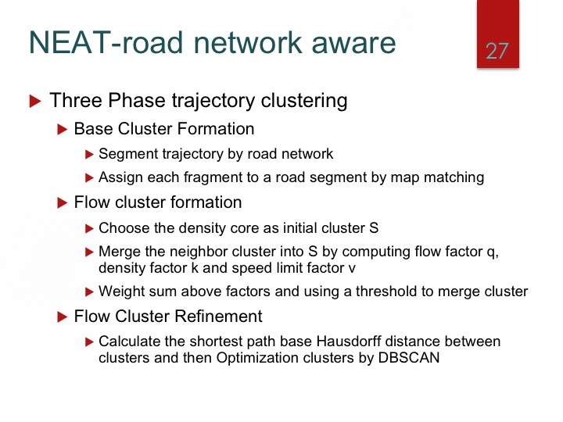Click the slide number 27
pos(497,52)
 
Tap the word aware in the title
pos(353,43)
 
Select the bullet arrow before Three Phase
pos(35,101)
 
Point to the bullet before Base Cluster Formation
pos(63,129)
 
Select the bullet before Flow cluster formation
pos(63,203)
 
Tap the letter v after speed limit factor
pos(352,269)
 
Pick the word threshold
pos(386,291)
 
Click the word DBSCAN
pos(409,358)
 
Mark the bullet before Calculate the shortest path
pos(89,342)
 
